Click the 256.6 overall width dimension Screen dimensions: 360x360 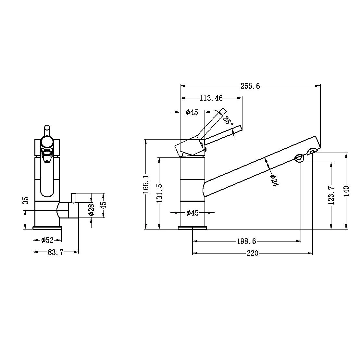pos(250,86)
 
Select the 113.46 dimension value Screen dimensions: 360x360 pos(211,98)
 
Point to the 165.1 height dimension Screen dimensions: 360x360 pos(146,184)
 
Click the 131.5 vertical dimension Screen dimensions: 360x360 pos(159,193)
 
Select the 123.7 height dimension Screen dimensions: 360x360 pos(331,195)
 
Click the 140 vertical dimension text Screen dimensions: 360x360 pos(346,191)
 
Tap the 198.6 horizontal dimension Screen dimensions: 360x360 pos(246,241)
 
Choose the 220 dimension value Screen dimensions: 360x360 pos(252,253)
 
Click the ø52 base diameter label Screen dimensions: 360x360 pos(47,241)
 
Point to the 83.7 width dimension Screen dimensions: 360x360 pos(56,252)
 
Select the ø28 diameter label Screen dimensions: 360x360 pos(91,210)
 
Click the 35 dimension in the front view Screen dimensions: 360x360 pos(26,200)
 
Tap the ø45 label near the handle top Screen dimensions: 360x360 pos(192,112)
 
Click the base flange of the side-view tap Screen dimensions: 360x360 pos(192,228)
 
